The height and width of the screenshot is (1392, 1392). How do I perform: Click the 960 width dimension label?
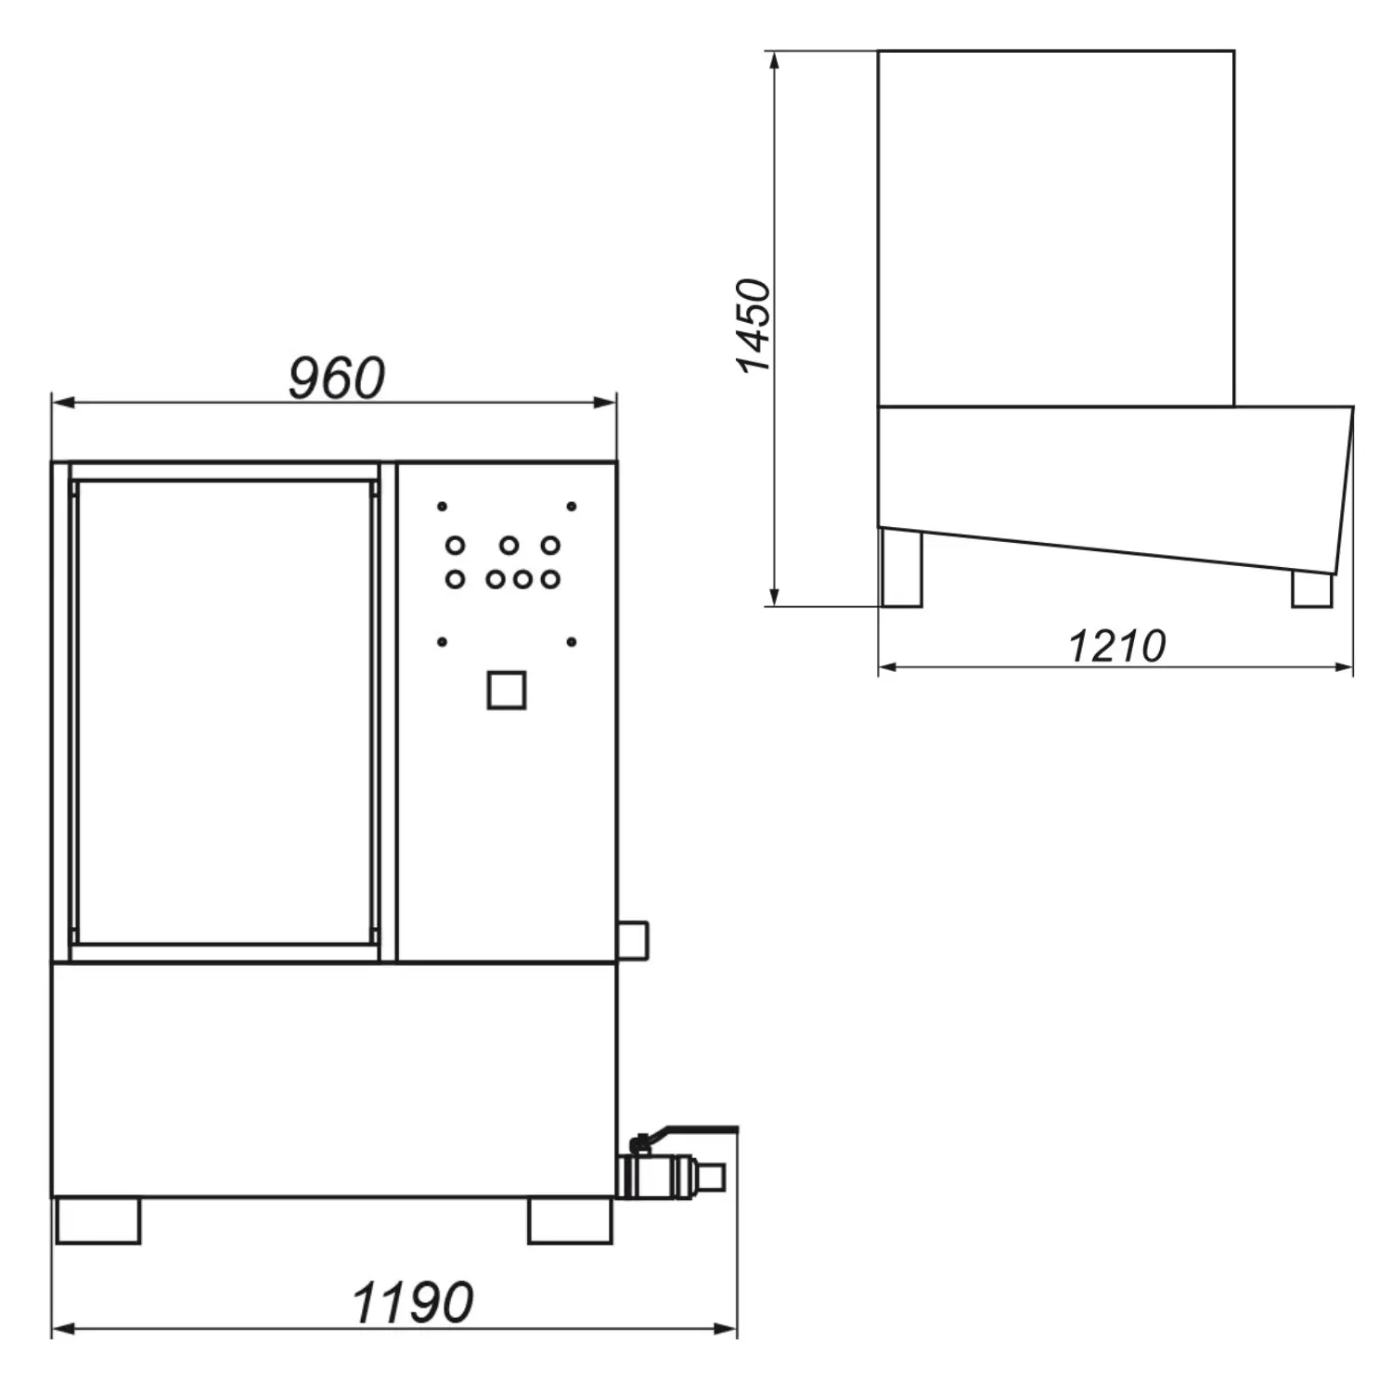pos(336,378)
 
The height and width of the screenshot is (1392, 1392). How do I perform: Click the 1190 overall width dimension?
pos(413,1302)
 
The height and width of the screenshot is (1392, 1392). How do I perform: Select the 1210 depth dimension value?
pos(1116,646)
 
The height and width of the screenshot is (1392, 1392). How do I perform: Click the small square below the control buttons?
pos(507,690)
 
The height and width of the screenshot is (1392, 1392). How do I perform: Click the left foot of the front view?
pos(98,1220)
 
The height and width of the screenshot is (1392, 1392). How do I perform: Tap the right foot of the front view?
pos(570,1220)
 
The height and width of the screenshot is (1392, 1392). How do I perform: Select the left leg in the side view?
pos(901,568)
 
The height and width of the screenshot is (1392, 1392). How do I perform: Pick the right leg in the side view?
pos(1312,588)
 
